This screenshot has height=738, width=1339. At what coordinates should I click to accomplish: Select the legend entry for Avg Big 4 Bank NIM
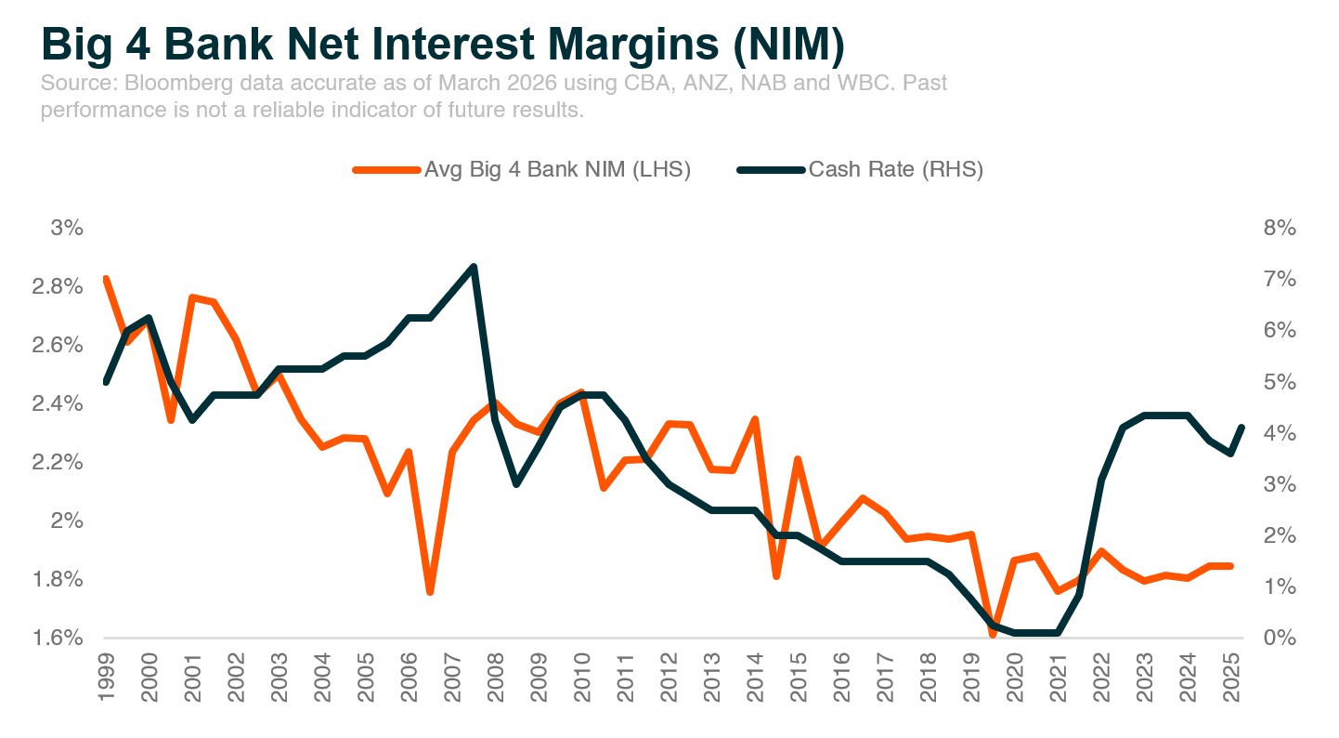pyautogui.click(x=521, y=170)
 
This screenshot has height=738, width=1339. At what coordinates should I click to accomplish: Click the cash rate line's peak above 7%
pyautogui.click(x=474, y=268)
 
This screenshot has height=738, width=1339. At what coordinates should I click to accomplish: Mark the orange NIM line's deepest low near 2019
pyautogui.click(x=993, y=633)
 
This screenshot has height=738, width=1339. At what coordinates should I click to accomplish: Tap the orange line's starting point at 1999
pyautogui.click(x=106, y=279)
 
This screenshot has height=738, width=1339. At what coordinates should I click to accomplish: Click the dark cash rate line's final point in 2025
pyautogui.click(x=1241, y=428)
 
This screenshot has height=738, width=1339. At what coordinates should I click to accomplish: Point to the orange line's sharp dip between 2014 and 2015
pyautogui.click(x=776, y=576)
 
